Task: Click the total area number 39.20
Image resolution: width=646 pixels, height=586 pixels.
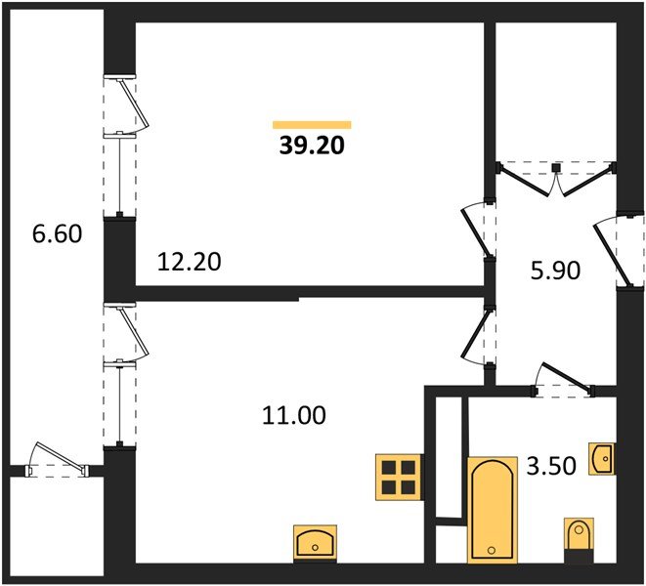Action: pos(312,146)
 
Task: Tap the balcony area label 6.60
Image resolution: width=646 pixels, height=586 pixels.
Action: pos(57,233)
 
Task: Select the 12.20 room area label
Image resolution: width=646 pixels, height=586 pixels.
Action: pos(189,262)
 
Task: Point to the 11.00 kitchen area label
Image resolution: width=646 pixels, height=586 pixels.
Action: pos(294,415)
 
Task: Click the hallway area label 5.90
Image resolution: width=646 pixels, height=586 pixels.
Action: pos(555,271)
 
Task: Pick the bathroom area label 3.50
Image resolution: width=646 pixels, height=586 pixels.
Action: pos(551,467)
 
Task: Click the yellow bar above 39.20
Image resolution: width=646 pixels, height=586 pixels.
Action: pos(312,125)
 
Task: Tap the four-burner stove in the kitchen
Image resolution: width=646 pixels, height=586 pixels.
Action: pos(398,478)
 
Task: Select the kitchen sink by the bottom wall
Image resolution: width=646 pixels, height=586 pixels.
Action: pos(315,543)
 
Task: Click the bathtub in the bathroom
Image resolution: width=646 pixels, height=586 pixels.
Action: pos(492,510)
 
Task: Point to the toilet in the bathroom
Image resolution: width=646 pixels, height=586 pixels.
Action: pos(579,539)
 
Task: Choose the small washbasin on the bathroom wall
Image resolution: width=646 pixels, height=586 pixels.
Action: pos(601,458)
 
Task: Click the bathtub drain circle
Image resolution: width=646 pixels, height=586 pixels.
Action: pos(491,550)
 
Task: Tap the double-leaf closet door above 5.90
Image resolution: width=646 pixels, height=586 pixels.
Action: pos(556,179)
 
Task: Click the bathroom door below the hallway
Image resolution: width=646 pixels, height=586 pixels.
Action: pos(563,380)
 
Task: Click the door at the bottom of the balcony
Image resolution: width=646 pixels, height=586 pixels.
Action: pos(57,460)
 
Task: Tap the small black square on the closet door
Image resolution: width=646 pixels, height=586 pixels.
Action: pos(556,168)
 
